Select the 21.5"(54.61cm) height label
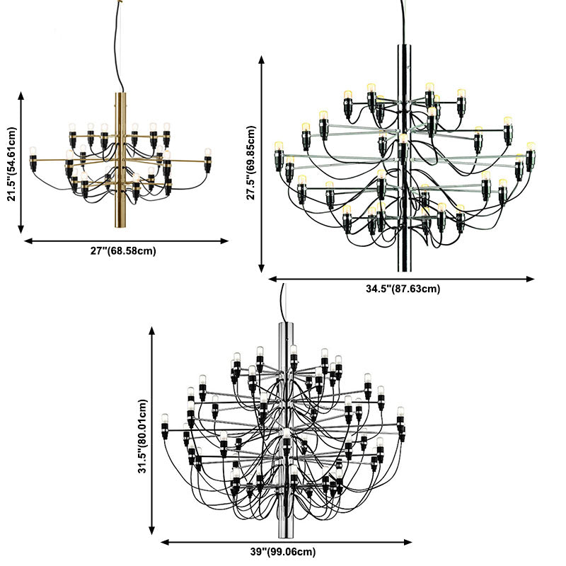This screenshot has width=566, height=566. click(11, 164)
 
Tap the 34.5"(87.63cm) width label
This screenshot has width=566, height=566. click(403, 289)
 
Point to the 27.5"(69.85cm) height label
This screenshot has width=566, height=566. click(251, 163)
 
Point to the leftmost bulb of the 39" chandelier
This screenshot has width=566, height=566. click(165, 424)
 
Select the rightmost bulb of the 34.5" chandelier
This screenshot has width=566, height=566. click(530, 155)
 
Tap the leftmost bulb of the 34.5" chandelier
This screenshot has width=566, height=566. click(279, 154)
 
